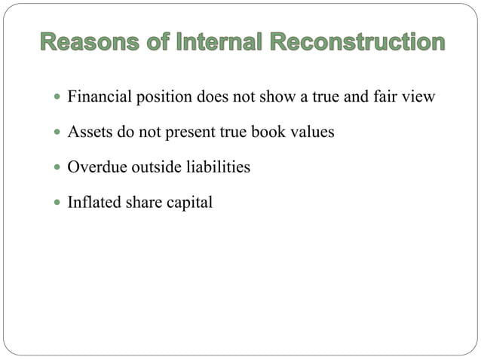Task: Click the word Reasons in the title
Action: click(80, 42)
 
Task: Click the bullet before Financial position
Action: click(57, 98)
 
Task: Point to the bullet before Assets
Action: click(57, 133)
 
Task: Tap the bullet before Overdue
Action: click(57, 167)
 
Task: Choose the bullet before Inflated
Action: click(57, 203)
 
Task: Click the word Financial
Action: click(96, 97)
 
